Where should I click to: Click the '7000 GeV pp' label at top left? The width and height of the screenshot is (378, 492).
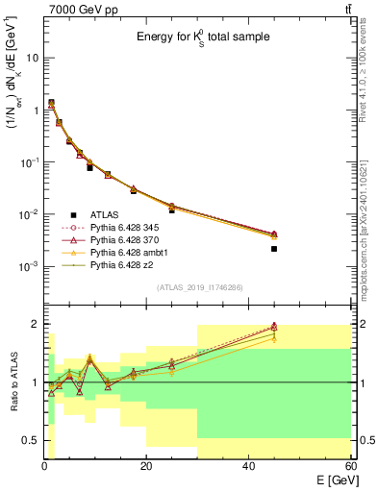point(78,9)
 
